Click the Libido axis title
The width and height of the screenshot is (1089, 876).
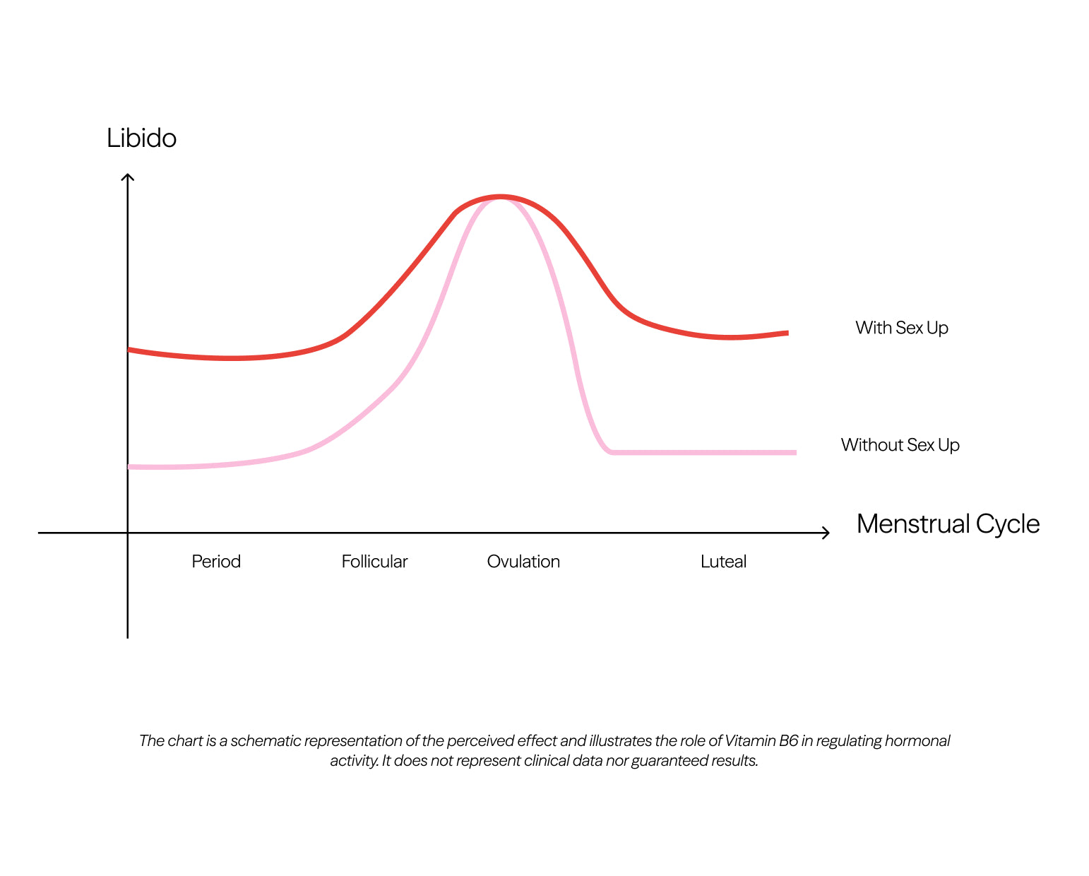point(141,138)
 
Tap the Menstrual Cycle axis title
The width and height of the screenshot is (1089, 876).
point(948,524)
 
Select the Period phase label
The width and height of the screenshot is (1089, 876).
point(216,562)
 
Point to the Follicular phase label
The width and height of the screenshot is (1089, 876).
point(374,562)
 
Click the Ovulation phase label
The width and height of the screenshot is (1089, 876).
point(523,562)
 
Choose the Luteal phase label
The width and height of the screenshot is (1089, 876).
point(723,562)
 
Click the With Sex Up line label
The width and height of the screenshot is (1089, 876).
point(901,328)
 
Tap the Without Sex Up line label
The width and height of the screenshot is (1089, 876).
point(900,445)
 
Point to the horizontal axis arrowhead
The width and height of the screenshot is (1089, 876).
point(827,533)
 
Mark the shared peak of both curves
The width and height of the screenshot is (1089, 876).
point(500,197)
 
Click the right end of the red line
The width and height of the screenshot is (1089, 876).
point(787,333)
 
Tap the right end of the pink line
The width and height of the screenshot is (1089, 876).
point(795,452)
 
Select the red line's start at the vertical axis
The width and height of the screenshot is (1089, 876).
point(129,350)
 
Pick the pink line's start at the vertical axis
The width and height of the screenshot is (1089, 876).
point(129,467)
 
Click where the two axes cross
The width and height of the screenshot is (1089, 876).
point(128,533)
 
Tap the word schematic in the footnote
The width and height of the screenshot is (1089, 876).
point(264,741)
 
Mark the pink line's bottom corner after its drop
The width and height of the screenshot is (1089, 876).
point(609,451)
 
